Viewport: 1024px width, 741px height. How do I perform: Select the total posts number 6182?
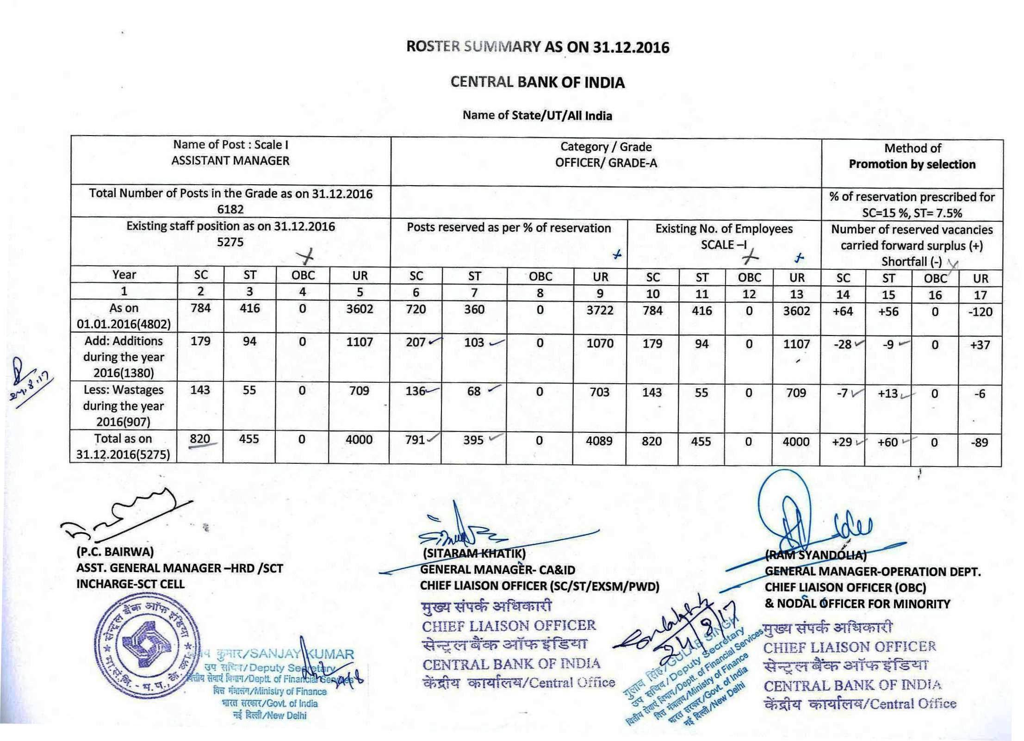[x=230, y=209]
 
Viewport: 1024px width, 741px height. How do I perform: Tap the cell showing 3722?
[x=600, y=310]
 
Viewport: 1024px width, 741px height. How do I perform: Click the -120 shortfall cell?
[x=980, y=312]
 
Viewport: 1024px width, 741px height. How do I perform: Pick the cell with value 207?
[x=416, y=342]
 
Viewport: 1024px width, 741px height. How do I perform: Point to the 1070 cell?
[x=600, y=343]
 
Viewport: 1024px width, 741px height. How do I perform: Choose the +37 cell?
[x=980, y=345]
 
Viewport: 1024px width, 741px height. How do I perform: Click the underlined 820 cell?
[x=200, y=439]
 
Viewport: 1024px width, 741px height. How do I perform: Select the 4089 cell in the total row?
[x=599, y=441]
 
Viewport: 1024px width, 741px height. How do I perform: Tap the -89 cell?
[x=980, y=442]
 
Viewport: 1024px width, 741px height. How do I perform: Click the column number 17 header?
[x=980, y=295]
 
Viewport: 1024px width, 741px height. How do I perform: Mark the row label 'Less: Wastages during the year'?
[x=124, y=405]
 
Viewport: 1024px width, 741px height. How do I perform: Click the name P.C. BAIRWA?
[x=115, y=552]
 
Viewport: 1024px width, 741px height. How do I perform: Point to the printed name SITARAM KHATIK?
[x=474, y=554]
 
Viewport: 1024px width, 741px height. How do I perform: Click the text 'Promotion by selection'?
[x=912, y=164]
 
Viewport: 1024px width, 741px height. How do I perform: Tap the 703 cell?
[x=599, y=392]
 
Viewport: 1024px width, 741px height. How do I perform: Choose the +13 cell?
[x=887, y=394]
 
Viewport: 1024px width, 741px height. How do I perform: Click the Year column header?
[x=124, y=275]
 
